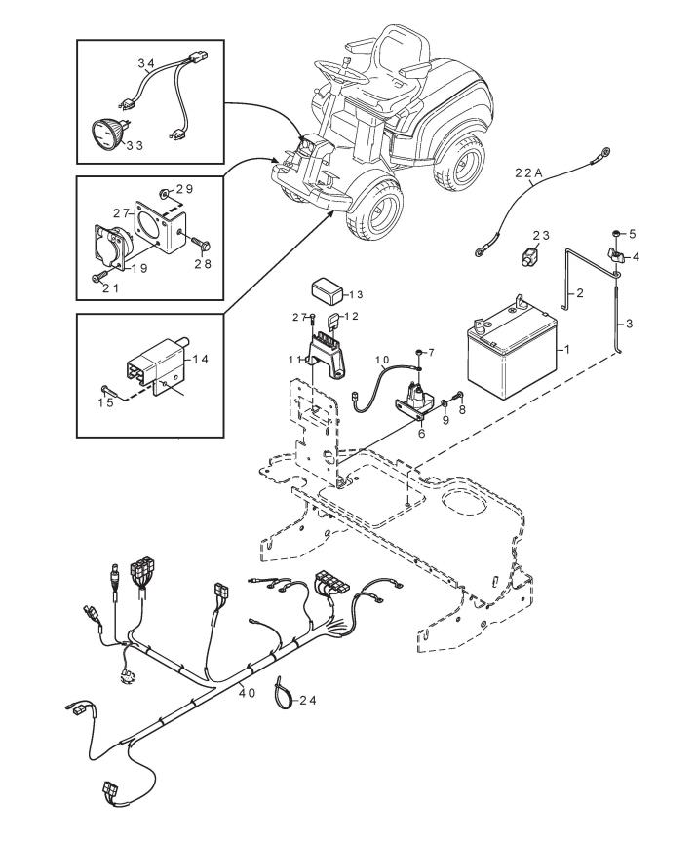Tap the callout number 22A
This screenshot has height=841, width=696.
[528, 172]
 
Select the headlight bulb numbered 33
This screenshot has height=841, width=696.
[108, 132]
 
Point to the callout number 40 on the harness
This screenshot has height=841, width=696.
[248, 692]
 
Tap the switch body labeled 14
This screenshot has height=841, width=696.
[157, 363]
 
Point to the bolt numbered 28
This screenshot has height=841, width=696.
[203, 246]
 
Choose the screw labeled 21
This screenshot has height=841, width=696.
[97, 279]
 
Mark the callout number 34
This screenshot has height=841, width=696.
[146, 64]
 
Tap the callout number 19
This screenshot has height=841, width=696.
[139, 268]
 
